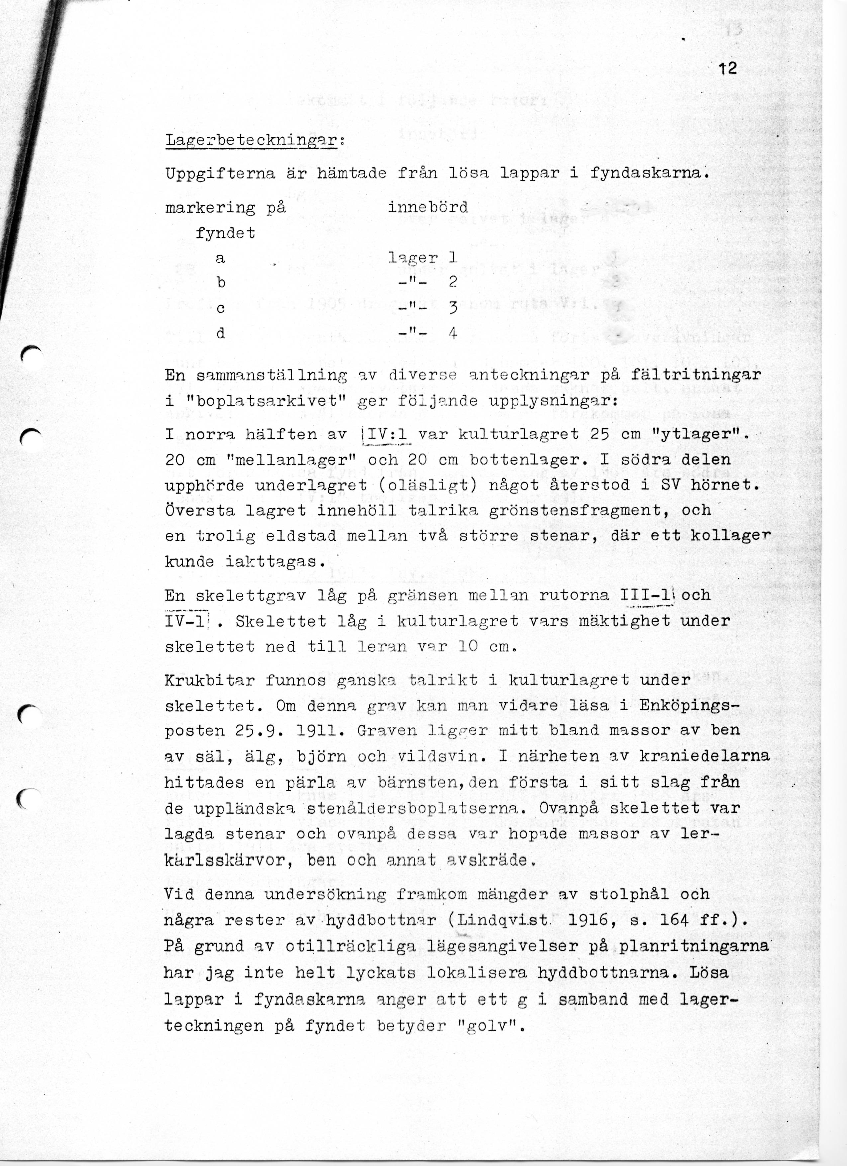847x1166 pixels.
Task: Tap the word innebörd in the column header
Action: click(427, 207)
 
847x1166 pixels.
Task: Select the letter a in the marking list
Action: click(220, 258)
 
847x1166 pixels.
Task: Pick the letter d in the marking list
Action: click(220, 334)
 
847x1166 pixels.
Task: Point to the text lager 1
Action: click(423, 257)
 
